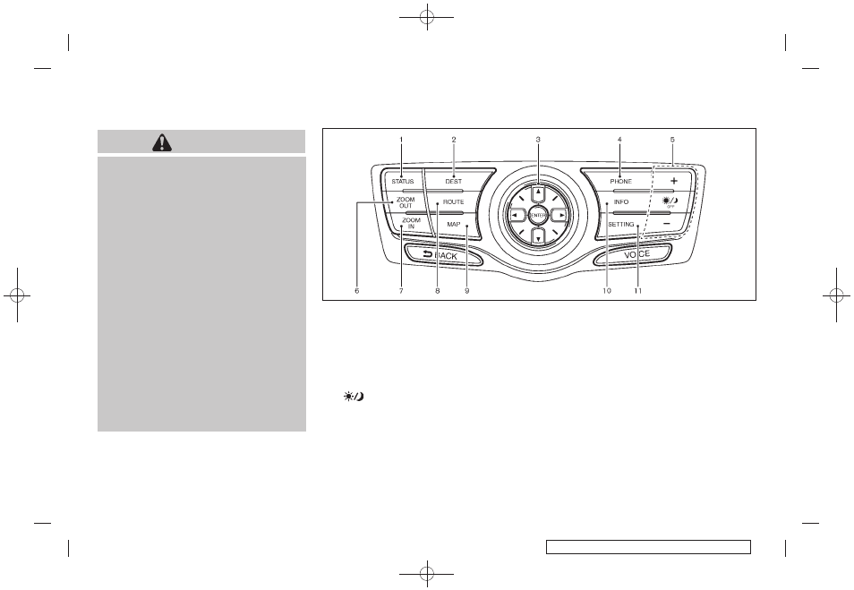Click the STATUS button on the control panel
(402, 182)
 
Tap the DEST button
(454, 182)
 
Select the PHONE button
(620, 182)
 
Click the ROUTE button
(453, 203)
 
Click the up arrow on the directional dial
(537, 192)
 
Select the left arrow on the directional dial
(516, 215)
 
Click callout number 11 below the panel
(638, 291)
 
